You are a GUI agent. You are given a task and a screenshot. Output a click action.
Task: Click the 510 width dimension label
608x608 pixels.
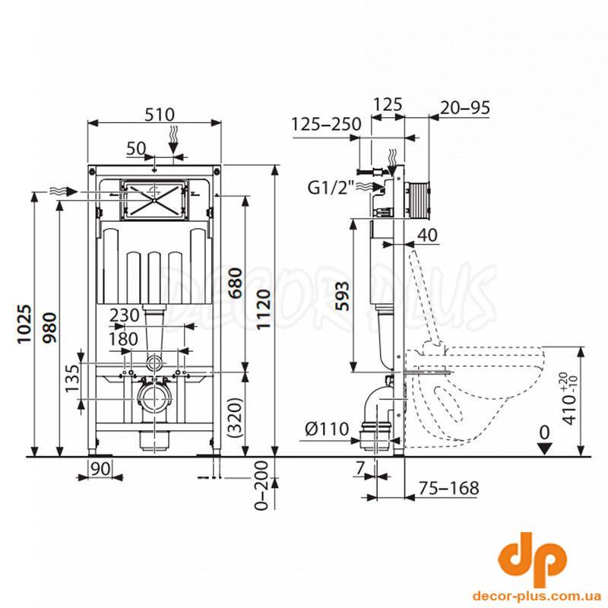[160, 115]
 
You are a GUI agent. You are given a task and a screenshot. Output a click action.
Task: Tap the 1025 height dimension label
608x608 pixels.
[24, 325]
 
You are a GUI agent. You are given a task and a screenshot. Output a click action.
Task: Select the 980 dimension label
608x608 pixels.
[49, 328]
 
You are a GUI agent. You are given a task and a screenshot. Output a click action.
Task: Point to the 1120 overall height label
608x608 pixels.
[264, 309]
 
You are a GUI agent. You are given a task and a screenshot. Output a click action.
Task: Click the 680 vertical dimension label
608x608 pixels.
[236, 283]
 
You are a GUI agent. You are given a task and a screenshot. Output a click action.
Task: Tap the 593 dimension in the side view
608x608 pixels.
[341, 296]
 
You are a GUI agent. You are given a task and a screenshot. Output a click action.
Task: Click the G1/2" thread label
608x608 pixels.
[331, 188]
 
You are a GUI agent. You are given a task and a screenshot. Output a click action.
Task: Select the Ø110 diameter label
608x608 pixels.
[327, 429]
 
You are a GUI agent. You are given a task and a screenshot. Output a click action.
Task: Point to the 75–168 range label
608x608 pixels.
[448, 488]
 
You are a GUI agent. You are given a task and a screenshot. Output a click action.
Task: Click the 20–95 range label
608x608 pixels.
[465, 108]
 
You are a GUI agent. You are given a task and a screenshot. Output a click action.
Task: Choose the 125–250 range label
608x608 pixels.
[326, 124]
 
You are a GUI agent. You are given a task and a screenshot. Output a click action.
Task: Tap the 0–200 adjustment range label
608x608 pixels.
[261, 485]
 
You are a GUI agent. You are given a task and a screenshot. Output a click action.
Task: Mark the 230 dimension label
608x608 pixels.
[124, 315]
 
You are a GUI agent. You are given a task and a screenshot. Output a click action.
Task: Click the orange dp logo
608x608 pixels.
[532, 559]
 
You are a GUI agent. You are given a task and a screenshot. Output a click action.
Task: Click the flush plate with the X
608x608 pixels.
[154, 199]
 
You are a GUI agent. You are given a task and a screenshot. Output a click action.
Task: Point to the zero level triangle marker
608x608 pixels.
[545, 449]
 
